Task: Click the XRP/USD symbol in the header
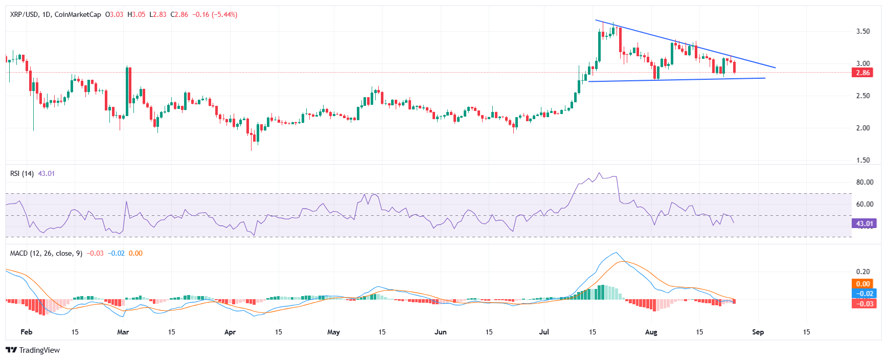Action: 24,15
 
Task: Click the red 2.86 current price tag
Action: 863,73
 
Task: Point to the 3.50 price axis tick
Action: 863,31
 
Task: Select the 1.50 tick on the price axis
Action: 863,160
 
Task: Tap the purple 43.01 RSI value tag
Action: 865,223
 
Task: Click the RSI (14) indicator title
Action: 22,174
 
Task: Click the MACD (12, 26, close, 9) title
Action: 46,254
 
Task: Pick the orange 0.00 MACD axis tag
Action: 863,284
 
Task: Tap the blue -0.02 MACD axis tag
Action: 865,294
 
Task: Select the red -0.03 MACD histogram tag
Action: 865,304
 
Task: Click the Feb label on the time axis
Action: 26,332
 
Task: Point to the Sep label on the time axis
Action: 758,332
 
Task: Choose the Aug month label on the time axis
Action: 651,332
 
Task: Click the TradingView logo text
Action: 39,350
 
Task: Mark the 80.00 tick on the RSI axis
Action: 865,182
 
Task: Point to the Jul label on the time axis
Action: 544,332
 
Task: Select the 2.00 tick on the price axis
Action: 863,128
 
